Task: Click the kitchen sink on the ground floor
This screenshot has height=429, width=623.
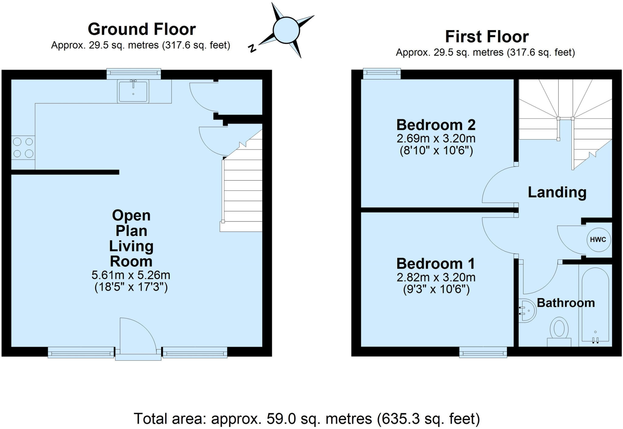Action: point(133,91)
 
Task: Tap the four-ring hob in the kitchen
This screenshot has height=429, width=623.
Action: point(23,148)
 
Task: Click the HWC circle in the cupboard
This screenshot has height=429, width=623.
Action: point(598,239)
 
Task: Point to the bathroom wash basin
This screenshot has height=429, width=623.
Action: point(528,310)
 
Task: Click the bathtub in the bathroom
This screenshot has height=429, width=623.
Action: point(595,305)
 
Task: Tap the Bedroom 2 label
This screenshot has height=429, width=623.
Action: point(436,125)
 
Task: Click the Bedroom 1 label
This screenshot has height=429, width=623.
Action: point(436,263)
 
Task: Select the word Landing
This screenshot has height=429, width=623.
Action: point(557,192)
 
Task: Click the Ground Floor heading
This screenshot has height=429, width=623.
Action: point(141,29)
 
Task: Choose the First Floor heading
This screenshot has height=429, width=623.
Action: point(487,37)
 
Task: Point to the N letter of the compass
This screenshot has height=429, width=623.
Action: point(252,48)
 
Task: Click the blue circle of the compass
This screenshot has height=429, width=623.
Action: point(286,30)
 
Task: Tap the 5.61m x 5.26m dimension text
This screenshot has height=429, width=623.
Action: point(131,275)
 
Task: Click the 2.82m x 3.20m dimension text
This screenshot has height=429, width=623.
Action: point(436,277)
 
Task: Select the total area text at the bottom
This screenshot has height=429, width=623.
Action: point(307,419)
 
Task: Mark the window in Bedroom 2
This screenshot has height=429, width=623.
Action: point(382,73)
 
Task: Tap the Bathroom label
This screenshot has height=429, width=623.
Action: point(566,303)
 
